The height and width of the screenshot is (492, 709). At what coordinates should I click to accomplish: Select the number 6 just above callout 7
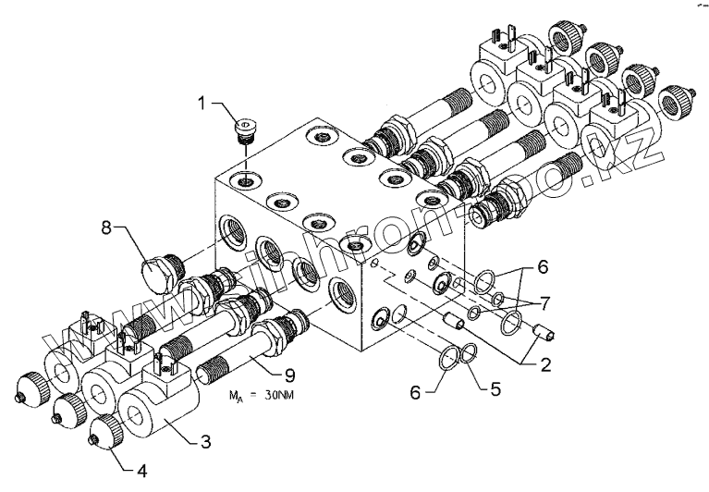click(x=543, y=265)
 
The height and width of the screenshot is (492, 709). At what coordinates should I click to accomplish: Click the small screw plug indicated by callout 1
click(x=247, y=129)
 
